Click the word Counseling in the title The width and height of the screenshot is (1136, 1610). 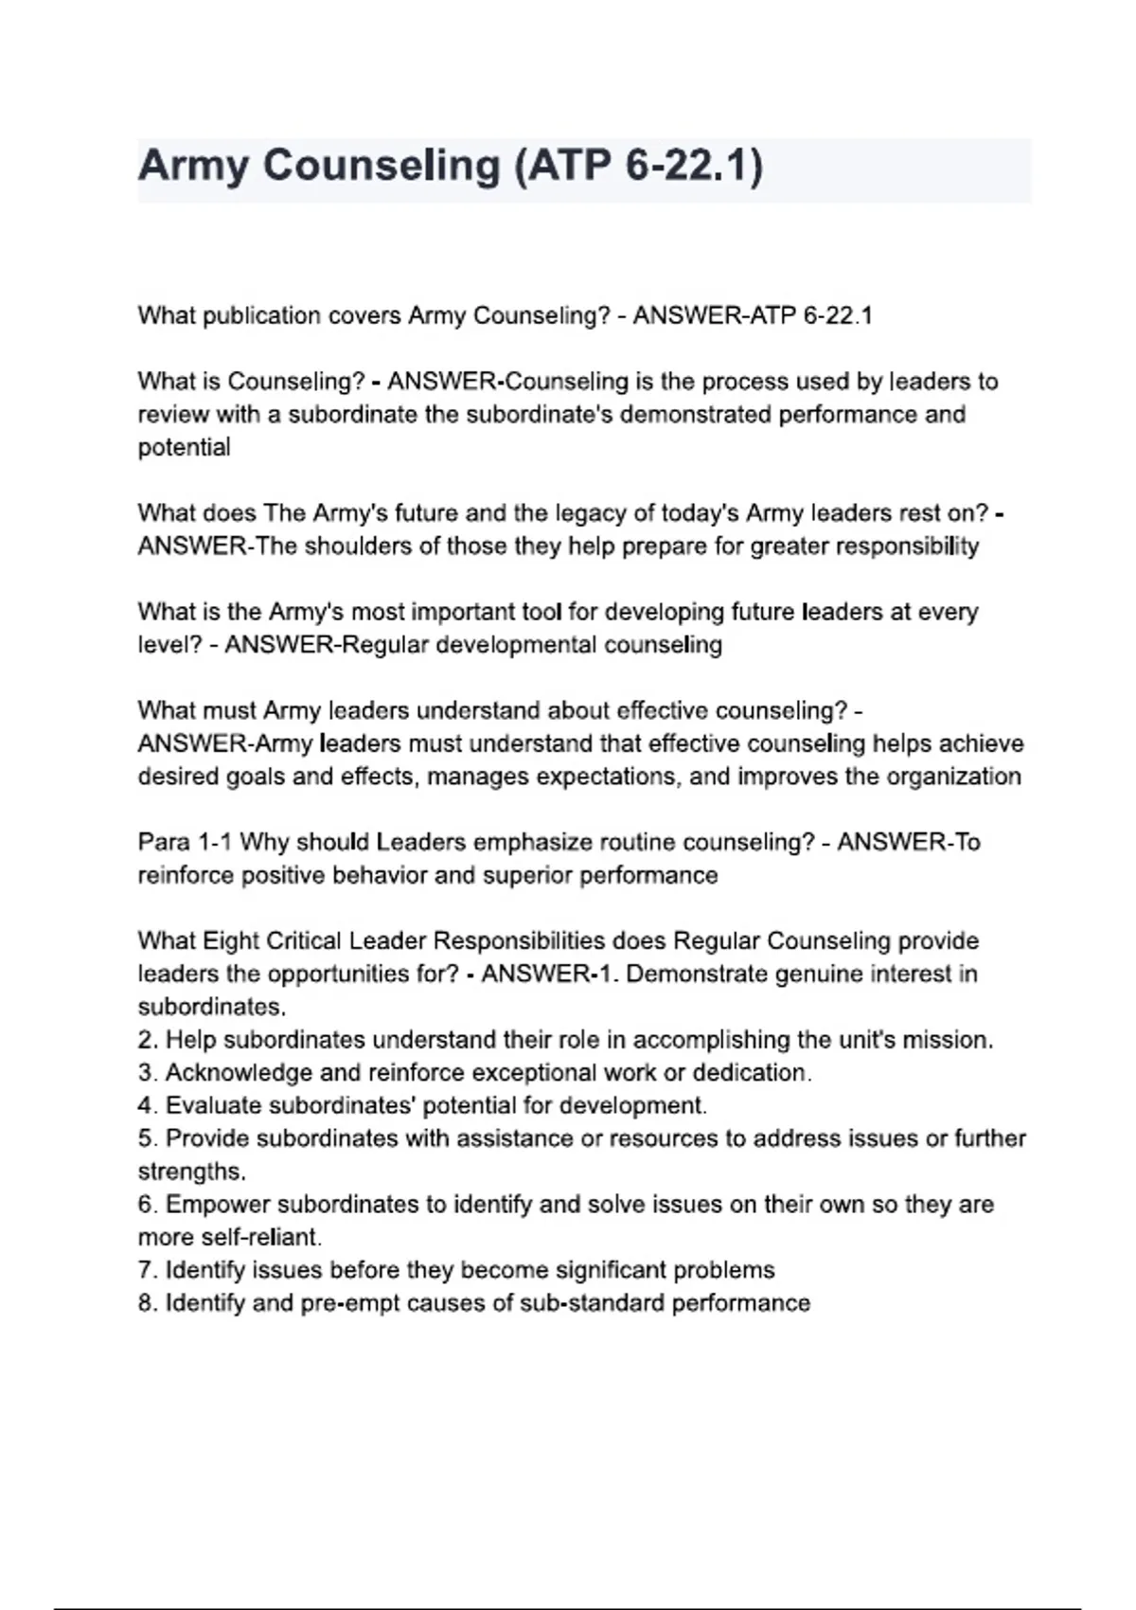[382, 167]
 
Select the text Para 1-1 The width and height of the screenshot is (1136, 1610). [185, 842]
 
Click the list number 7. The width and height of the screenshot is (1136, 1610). [147, 1270]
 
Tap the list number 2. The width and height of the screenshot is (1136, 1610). [147, 1040]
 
